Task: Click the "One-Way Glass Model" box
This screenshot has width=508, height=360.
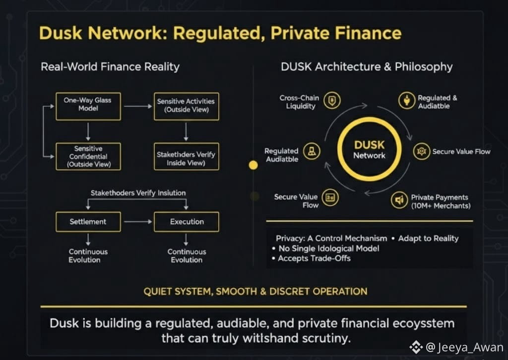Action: point(88,106)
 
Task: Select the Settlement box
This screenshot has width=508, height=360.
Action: point(88,221)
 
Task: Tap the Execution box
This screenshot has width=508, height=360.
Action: point(187,221)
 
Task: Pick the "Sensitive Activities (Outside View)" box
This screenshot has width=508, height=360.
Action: point(186,106)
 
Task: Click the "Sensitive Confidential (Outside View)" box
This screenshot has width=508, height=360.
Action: point(88,156)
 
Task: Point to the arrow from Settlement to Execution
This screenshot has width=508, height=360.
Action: point(137,222)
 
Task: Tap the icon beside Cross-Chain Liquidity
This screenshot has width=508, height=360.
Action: point(332,102)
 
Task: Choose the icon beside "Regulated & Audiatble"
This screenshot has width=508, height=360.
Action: point(406,101)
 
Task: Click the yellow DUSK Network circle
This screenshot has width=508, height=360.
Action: point(369,150)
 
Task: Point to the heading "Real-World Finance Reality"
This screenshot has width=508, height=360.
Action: point(110,66)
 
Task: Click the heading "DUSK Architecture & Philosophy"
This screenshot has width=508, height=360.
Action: point(367,66)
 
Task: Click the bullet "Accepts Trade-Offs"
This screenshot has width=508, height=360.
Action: point(314,258)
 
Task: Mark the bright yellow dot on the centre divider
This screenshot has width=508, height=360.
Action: point(254,165)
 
